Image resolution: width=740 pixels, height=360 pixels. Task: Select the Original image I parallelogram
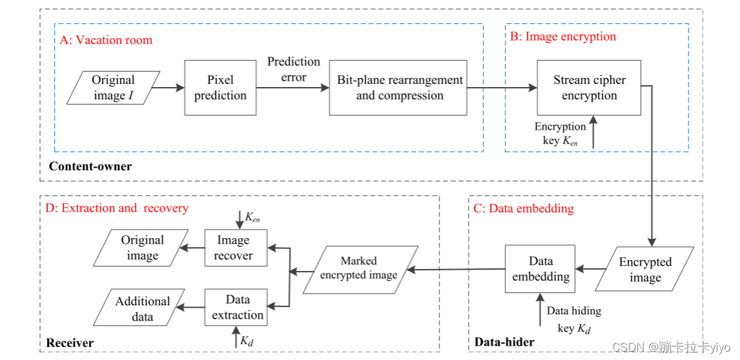(x=114, y=88)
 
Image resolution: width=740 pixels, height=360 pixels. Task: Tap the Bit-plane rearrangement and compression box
(x=399, y=88)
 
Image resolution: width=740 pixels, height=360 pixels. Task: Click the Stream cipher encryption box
(x=589, y=88)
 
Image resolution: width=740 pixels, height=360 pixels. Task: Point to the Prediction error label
(x=294, y=69)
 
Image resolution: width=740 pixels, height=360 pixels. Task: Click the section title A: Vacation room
(x=106, y=40)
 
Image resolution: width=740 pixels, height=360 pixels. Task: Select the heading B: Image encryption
(x=563, y=36)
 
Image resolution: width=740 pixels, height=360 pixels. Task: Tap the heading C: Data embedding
(x=525, y=208)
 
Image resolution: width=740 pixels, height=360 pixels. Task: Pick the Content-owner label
(x=90, y=166)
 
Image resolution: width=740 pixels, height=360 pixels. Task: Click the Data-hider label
(x=505, y=342)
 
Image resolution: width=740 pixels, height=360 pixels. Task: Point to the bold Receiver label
(x=70, y=343)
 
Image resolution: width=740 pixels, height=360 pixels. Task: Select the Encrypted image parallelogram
(x=645, y=270)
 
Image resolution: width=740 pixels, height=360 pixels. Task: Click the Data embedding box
(x=541, y=269)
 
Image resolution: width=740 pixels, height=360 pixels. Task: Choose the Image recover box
(x=233, y=248)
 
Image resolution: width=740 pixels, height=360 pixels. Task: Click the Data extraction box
(x=236, y=307)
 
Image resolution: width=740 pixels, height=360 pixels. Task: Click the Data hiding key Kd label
(x=574, y=319)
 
